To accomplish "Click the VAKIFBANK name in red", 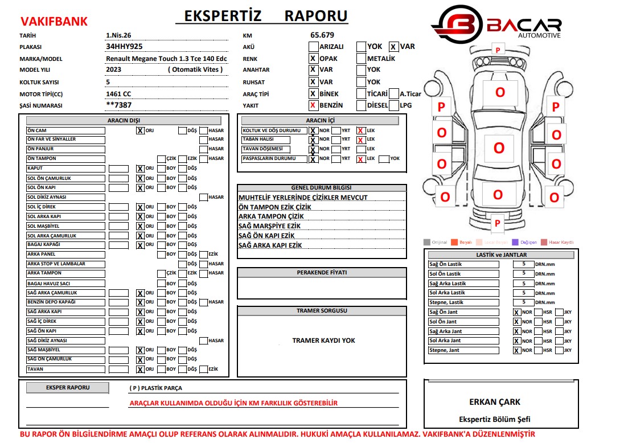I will pyautogui.click(x=54, y=22).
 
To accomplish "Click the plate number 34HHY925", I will pyautogui.click(x=124, y=47).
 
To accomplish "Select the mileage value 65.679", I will pyautogui.click(x=322, y=35).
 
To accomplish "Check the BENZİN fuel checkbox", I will pyautogui.click(x=313, y=105).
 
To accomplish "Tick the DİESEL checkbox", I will pyautogui.click(x=361, y=105).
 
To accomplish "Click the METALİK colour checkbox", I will pyautogui.click(x=361, y=58).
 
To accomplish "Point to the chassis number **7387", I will pyautogui.click(x=119, y=105).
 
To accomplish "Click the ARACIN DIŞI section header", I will pyautogui.click(x=124, y=120).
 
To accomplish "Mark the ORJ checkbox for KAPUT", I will pyautogui.click(x=139, y=169).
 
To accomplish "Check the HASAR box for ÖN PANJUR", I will pyautogui.click(x=203, y=149).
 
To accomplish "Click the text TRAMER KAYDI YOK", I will pyautogui.click(x=323, y=341).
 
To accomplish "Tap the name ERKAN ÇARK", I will pyautogui.click(x=495, y=402).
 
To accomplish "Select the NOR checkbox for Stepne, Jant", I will pyautogui.click(x=516, y=351).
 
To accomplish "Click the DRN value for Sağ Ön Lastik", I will pyautogui.click(x=523, y=264).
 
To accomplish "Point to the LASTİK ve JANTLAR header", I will pyautogui.click(x=501, y=255).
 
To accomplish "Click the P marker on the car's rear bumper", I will pyautogui.click(x=497, y=223).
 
